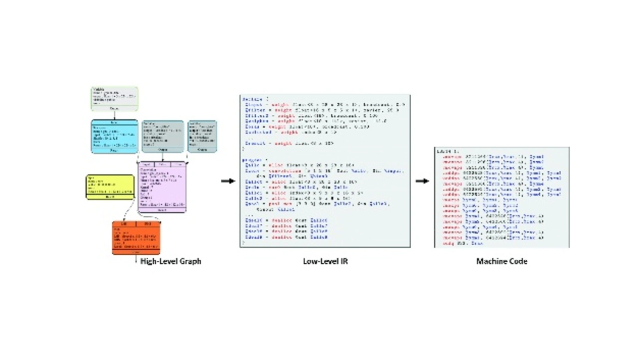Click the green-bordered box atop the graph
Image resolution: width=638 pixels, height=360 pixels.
[x=114, y=98]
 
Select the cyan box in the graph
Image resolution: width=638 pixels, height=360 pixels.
[x=114, y=136]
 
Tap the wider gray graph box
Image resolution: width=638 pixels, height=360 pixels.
[x=162, y=136]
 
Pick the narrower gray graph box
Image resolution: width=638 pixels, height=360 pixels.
[x=202, y=136]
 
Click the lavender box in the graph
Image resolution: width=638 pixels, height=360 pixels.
[x=162, y=187]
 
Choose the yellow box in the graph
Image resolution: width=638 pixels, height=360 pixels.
[x=110, y=187]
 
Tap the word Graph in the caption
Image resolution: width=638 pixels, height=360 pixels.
[x=190, y=261]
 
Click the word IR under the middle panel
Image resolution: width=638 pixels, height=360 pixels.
[x=343, y=261]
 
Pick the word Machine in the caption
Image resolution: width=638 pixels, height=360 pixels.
[x=491, y=261]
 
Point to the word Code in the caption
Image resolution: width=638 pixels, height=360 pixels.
[x=518, y=261]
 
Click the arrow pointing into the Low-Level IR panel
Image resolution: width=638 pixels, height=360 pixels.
[x=228, y=181]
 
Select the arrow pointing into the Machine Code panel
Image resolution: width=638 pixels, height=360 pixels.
[x=422, y=181]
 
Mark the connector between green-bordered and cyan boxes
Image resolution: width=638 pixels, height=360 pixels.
[x=114, y=115]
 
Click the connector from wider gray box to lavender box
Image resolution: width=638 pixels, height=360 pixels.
[x=162, y=157]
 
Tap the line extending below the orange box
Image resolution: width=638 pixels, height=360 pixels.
[x=136, y=259]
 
